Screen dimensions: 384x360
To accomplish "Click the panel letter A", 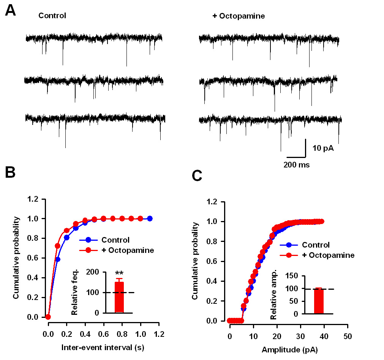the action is point(10,11).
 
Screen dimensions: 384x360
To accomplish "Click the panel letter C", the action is point(197,175).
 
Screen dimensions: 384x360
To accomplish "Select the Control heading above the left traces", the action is point(52,16).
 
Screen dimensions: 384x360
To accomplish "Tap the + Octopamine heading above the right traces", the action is point(239,16).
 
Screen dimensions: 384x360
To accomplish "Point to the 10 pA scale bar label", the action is point(323,148).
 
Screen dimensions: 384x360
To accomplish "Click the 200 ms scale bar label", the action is point(297,165).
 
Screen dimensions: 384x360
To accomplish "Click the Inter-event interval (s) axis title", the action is point(103,347).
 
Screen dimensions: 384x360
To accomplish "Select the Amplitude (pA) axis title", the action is point(290,350).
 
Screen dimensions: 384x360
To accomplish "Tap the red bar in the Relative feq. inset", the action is point(119,297).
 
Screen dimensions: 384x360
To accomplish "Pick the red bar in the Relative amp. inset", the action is point(319,301).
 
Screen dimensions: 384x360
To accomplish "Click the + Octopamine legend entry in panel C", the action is point(317,255).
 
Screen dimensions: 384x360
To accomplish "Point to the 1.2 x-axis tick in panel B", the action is point(159,334).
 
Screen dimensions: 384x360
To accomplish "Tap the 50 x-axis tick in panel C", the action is point(348,336).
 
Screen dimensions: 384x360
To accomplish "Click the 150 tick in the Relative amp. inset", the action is point(292,276).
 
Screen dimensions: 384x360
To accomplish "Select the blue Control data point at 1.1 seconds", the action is point(150,218).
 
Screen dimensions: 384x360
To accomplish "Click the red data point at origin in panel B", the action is point(48,317).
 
